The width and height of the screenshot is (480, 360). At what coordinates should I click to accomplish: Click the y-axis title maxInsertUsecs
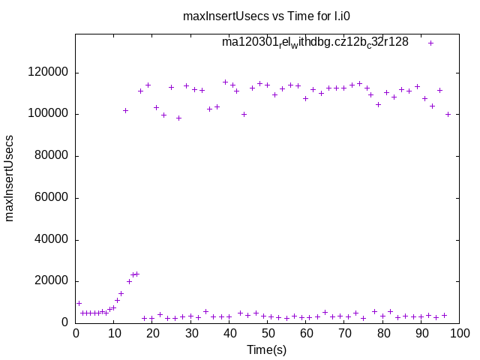click(x=10, y=178)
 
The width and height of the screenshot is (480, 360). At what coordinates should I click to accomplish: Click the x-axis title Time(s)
click(x=267, y=349)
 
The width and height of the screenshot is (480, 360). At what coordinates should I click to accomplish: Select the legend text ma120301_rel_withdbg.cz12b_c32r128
click(x=315, y=43)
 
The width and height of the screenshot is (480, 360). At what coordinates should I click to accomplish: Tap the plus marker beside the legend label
click(x=430, y=43)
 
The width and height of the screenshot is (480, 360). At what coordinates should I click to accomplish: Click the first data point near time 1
click(x=79, y=303)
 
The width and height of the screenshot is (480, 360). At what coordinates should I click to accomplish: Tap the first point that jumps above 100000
click(x=125, y=110)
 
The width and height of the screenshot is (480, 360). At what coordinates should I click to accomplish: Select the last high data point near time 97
click(x=448, y=114)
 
